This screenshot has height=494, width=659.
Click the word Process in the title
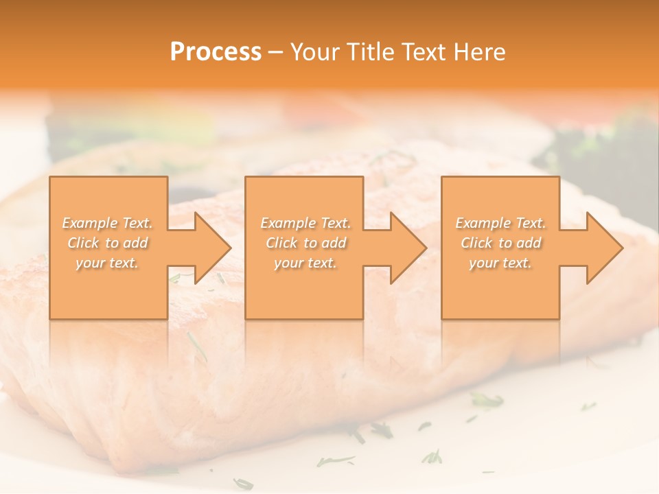tap(216, 52)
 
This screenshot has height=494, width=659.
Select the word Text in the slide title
tap(424, 52)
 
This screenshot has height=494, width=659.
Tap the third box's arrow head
tap(603, 248)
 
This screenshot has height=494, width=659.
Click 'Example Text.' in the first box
tap(108, 223)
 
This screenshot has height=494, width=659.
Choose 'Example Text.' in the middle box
tap(305, 223)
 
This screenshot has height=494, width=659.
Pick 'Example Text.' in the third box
tap(500, 223)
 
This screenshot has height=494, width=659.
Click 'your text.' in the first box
tap(107, 263)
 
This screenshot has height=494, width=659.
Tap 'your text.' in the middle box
tap(305, 263)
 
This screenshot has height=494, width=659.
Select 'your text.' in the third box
tap(500, 263)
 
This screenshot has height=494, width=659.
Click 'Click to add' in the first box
tap(108, 243)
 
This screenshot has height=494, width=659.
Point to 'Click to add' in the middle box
tap(305, 243)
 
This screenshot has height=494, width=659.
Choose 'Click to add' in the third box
tap(500, 243)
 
